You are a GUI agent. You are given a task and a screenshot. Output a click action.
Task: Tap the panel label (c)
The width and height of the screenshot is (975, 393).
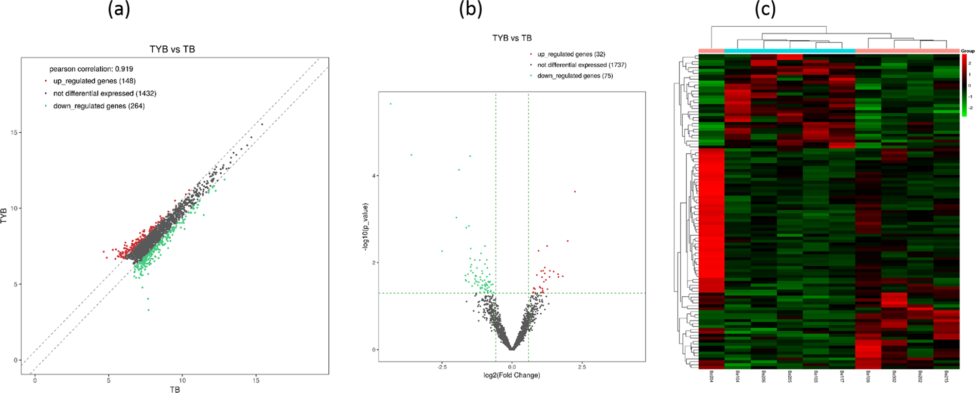coord(765,9)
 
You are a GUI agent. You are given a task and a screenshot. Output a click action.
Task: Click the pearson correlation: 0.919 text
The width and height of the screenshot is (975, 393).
coord(91,69)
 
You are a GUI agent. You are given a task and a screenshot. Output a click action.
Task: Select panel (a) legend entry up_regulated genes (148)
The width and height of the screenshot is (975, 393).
coord(94,81)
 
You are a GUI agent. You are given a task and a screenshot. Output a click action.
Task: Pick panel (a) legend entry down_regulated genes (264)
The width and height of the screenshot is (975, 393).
coord(99,106)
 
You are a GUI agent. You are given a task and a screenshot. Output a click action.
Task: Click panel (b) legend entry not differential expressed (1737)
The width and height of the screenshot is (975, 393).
coord(581,65)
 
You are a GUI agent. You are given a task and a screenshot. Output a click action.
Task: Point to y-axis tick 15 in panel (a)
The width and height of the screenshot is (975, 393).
coord(13,133)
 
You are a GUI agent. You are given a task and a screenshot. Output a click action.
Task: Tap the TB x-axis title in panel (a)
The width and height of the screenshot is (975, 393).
coord(174,389)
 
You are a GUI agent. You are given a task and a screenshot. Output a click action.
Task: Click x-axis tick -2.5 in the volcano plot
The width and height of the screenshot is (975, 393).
coord(441,367)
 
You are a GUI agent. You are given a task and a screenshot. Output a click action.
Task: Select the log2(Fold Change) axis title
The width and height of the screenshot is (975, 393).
coord(511,375)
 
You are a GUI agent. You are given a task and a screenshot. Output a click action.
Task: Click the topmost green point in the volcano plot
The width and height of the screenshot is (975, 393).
coord(391,104)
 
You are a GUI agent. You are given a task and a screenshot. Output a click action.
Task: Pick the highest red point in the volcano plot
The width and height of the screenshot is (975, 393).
coord(575,192)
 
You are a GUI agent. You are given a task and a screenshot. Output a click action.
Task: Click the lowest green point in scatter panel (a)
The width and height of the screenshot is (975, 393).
coord(149,310)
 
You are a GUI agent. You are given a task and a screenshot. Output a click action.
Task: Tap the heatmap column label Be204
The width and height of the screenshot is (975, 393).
coord(711,377)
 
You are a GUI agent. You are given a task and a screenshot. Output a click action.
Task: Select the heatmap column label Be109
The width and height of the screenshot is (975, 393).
coord(868,377)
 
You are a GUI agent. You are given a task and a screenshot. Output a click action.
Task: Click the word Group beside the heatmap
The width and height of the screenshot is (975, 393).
coord(968,51)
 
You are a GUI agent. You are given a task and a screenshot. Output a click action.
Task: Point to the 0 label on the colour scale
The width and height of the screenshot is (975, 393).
coord(969,85)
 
